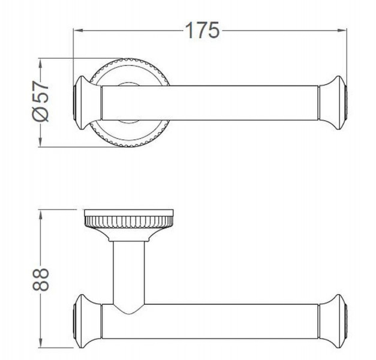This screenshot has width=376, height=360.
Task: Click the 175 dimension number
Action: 202,30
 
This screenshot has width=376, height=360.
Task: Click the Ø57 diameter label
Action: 41,101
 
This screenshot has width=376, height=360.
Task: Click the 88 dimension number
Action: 41,280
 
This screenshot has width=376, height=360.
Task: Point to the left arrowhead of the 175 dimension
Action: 78,31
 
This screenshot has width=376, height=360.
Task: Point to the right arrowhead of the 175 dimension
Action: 342,31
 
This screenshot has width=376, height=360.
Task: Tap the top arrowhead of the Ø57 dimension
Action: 41,64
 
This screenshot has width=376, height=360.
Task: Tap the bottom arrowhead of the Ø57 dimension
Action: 41,142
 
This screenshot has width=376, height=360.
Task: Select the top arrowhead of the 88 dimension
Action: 41,215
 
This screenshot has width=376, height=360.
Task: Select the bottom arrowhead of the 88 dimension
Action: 41,342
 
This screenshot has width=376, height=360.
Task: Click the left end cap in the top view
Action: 87,103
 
